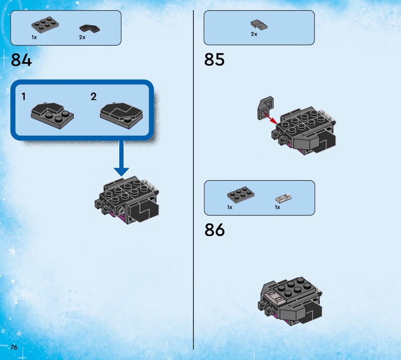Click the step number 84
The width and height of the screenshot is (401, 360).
[21, 60]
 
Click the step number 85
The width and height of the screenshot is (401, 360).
[215, 60]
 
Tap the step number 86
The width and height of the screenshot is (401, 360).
[215, 230]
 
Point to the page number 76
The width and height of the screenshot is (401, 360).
[14, 347]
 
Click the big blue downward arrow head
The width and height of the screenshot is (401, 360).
[121, 171]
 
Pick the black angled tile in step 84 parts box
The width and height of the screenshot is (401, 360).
[90, 28]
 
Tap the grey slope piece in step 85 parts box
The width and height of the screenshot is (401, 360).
[259, 24]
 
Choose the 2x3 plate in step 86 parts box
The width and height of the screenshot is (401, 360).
[241, 195]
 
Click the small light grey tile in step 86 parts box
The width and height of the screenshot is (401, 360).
[284, 198]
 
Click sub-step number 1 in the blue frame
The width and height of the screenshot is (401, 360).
[24, 97]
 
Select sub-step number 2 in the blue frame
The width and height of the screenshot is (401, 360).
[94, 96]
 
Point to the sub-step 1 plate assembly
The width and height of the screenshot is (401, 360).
[53, 116]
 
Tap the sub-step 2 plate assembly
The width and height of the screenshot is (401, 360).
[121, 116]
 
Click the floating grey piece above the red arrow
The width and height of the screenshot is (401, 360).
[265, 108]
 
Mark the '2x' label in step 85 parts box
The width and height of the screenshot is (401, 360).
[254, 34]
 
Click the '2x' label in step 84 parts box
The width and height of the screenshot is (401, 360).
[82, 38]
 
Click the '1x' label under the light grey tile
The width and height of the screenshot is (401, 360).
[278, 207]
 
